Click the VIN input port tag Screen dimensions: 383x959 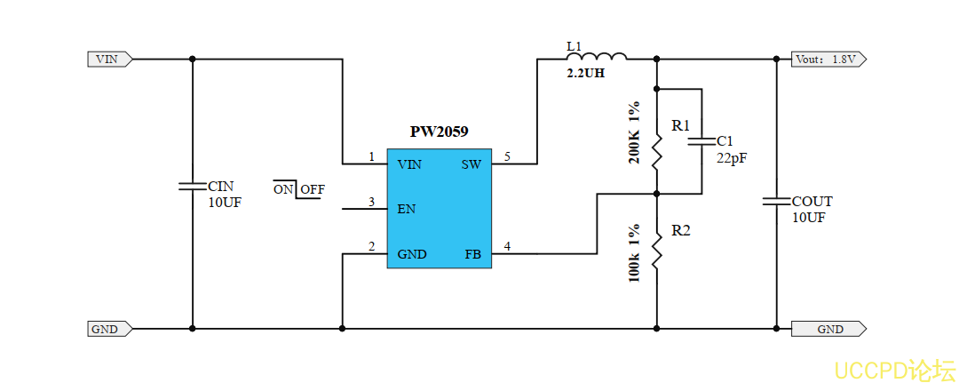109,60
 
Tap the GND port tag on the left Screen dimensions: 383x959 109,329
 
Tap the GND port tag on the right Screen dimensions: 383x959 828,329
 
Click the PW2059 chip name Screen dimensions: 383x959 439,132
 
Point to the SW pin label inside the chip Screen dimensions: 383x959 472,164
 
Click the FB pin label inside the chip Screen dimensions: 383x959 472,254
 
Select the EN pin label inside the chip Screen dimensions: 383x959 407,210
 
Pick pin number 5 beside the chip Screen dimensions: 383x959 507,157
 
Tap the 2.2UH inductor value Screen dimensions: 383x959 585,74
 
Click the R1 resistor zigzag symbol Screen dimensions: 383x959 657,151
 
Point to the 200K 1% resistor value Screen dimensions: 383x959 634,133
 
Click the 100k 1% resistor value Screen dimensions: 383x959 634,253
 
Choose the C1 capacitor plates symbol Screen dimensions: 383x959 701,140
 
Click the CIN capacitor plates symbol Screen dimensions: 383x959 193,187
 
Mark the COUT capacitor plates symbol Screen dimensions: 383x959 777,202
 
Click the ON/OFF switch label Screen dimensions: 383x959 299,189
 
